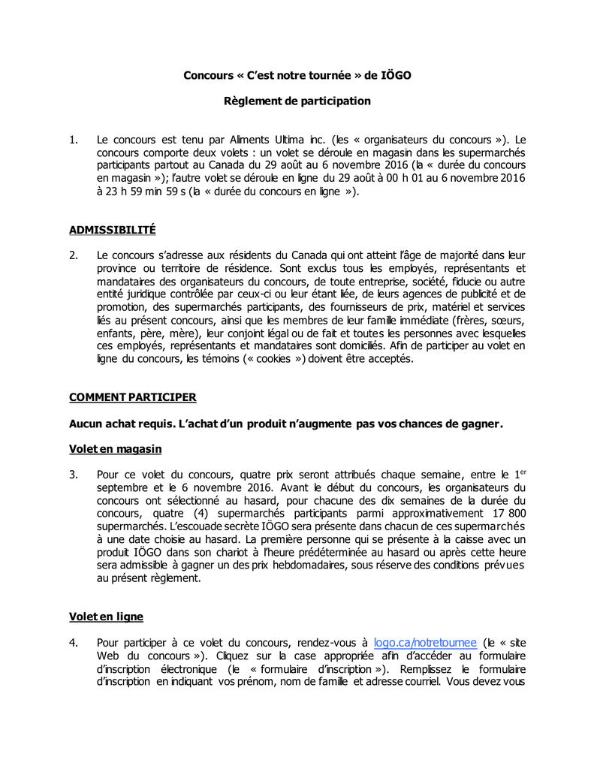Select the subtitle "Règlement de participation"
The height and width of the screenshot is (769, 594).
297,101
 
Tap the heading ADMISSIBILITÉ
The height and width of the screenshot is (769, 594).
112,229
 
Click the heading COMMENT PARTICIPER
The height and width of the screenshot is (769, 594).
133,397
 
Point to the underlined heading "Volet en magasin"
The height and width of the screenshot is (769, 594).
115,448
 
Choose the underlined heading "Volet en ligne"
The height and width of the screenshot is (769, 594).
106,617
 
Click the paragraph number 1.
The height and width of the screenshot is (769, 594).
73,140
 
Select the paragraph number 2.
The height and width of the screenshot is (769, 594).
73,255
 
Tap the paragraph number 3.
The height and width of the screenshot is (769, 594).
73,475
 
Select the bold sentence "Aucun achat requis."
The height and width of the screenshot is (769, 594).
122,424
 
